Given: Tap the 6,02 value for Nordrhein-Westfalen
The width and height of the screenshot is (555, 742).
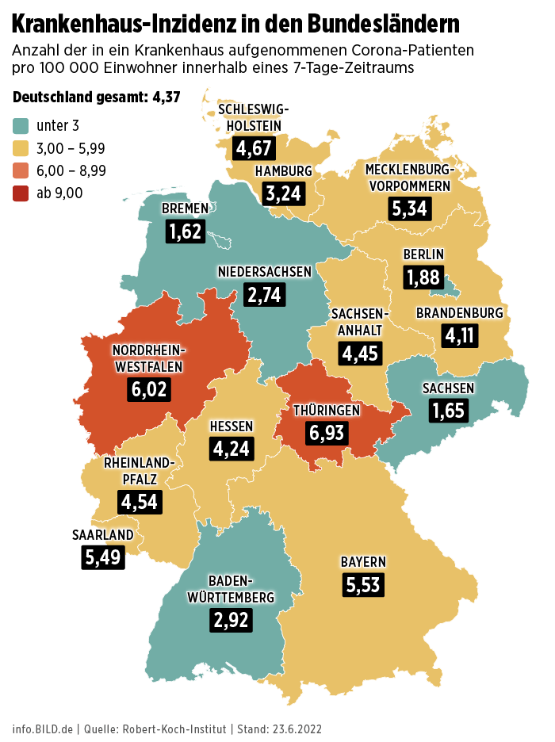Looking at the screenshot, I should click(x=150, y=390).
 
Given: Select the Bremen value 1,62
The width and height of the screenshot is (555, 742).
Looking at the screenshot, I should click(x=186, y=231).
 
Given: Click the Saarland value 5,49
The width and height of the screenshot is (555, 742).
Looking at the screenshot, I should click(x=103, y=556).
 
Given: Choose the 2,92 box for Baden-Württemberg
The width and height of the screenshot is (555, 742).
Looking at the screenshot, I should click(x=232, y=619).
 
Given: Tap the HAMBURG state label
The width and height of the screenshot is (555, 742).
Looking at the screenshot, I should click(x=283, y=171).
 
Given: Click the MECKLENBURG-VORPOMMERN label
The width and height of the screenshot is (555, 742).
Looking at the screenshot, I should click(x=409, y=177).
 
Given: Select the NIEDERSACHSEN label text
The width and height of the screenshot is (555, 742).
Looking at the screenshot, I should click(x=265, y=272).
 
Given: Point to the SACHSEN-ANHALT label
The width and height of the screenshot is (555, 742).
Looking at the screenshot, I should click(x=361, y=322).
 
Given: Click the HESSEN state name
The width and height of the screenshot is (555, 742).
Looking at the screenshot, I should click(x=232, y=426).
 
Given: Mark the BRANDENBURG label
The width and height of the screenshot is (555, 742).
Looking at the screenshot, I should click(x=459, y=313).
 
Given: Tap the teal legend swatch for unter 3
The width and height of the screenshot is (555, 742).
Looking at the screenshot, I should click(x=21, y=125).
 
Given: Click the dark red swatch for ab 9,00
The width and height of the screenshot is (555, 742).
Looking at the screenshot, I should click(x=21, y=192).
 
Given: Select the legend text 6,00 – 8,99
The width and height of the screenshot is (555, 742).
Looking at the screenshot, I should click(x=71, y=170).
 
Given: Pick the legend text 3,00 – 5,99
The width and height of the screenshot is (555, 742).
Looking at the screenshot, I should click(x=71, y=148).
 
